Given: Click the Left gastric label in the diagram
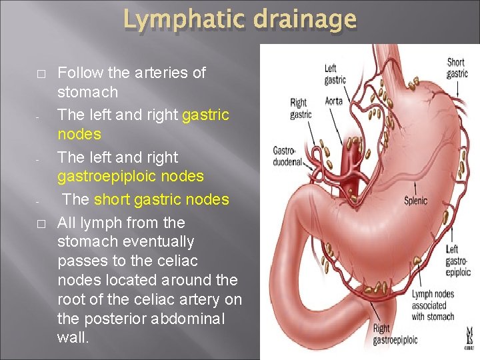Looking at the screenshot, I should pyautogui.click(x=335, y=74).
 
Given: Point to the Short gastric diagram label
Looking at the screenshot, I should pyautogui.click(x=457, y=68).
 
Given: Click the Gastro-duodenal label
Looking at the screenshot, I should pyautogui.click(x=287, y=157).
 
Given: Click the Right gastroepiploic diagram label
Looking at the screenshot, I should pyautogui.click(x=395, y=334).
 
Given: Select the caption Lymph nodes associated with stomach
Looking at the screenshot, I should pyautogui.click(x=433, y=305).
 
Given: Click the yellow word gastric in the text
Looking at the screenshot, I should pyautogui.click(x=205, y=115).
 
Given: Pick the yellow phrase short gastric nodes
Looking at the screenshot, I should pyautogui.click(x=161, y=199).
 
